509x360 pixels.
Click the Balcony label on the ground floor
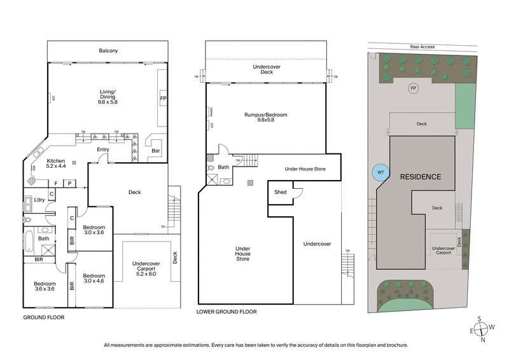[x=108, y=51]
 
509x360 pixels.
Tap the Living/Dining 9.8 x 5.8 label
[x=108, y=97]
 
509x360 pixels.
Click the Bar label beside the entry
[x=156, y=151]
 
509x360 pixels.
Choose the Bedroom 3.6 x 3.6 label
[x=45, y=287]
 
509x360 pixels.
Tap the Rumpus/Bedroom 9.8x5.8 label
[x=267, y=118]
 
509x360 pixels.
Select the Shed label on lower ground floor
[x=280, y=191]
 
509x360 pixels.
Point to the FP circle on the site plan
[x=413, y=88]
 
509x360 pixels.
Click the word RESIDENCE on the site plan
[x=420, y=176]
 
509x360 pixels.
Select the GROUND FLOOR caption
[x=43, y=316]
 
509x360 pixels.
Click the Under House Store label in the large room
[x=242, y=254]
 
